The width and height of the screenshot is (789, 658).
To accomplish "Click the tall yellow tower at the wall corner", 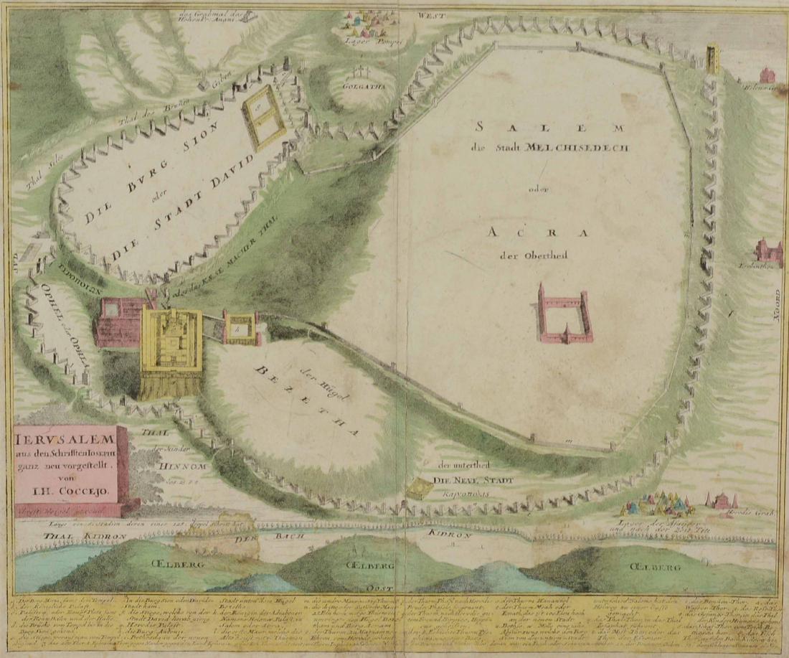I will (x=712, y=57).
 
